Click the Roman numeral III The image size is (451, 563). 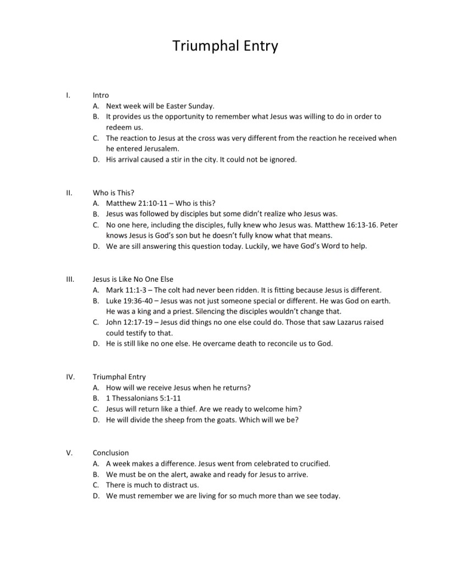click(69, 279)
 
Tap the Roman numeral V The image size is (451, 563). click(69, 453)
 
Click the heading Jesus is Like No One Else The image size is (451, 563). click(133, 279)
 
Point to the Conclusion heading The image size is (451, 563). click(111, 453)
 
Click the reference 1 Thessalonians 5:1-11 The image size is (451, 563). click(140, 398)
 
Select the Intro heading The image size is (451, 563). click(101, 95)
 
